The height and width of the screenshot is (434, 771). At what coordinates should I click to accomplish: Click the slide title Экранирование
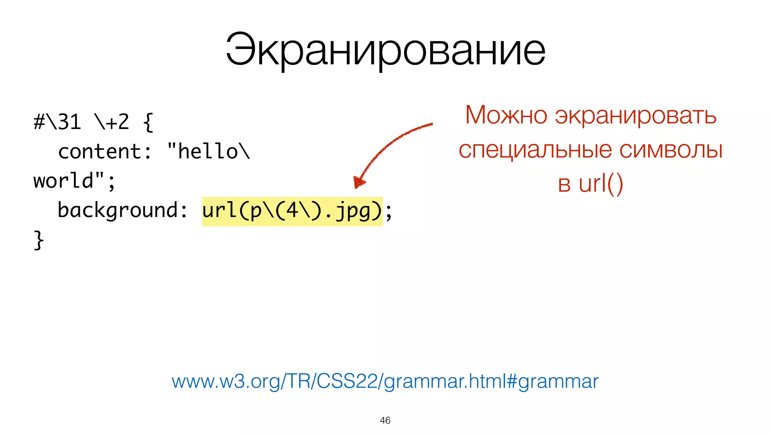tap(385, 50)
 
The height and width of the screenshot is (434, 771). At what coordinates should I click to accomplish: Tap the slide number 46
tap(385, 420)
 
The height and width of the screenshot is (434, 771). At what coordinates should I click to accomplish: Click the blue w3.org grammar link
tap(385, 381)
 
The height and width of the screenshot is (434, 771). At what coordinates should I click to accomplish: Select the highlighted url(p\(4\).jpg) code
tap(292, 211)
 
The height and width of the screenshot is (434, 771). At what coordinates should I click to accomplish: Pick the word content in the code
tap(100, 151)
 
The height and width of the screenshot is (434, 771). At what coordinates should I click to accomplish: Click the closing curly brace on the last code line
tap(38, 240)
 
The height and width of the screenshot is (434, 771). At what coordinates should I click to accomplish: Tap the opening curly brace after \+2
tap(148, 122)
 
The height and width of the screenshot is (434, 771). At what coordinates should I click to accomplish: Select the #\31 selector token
tap(57, 122)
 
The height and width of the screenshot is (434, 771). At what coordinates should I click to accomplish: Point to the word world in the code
tap(63, 181)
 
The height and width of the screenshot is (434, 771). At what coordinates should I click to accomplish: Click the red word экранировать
tap(635, 116)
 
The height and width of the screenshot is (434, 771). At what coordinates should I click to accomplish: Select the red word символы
tap(671, 150)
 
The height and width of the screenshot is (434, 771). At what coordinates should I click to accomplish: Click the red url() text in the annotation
tap(601, 184)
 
